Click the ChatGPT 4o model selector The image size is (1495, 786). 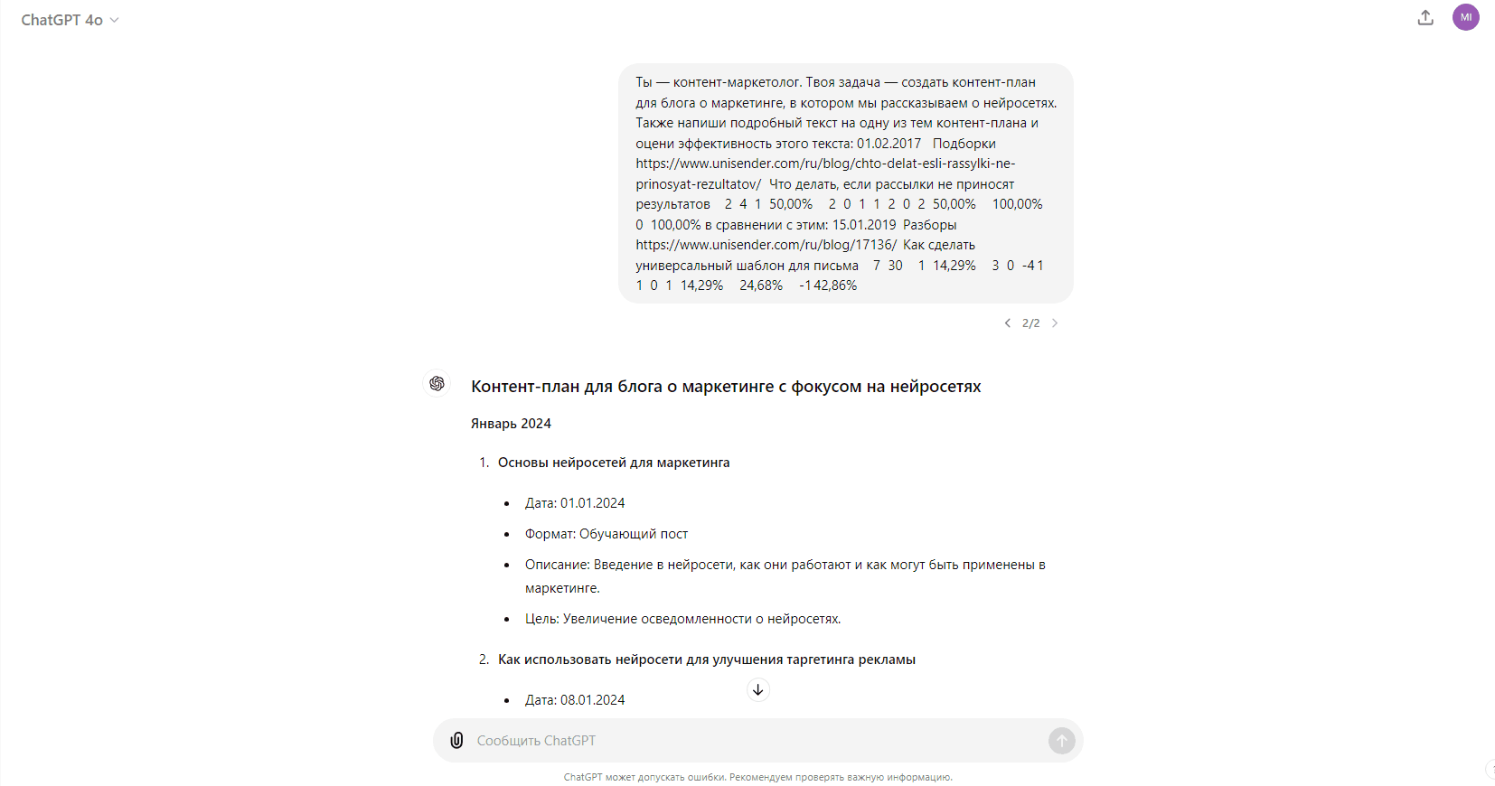(70, 20)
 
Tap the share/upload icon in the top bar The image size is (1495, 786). (1425, 17)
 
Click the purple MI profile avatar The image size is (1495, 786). (1465, 17)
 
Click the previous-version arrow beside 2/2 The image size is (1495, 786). (1008, 323)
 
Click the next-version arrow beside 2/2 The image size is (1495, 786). (1054, 323)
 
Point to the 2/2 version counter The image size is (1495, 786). (1030, 323)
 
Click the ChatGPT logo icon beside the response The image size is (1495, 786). (437, 384)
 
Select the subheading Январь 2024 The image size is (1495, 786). (511, 424)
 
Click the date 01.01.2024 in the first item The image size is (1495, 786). (592, 503)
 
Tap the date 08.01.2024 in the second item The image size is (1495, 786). (592, 700)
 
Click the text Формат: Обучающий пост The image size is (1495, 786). (606, 534)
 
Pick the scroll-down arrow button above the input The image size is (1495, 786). (758, 690)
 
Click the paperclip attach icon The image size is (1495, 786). (457, 741)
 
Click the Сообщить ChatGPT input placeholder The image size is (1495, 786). (536, 741)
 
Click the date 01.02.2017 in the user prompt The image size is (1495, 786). (889, 144)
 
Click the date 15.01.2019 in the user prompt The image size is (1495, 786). (864, 225)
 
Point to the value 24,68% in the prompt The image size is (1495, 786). (761, 285)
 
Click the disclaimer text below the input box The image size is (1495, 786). (757, 777)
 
